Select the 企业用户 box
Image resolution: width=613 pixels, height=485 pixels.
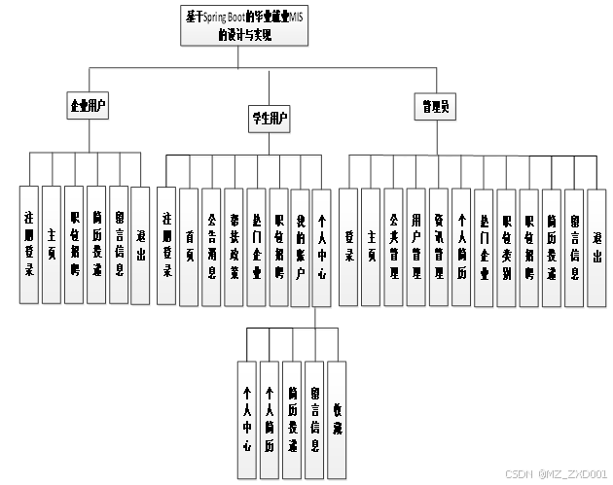[x=88, y=106]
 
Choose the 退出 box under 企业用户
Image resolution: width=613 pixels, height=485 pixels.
[x=141, y=242]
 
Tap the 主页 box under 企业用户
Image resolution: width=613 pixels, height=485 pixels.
[x=52, y=242]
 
